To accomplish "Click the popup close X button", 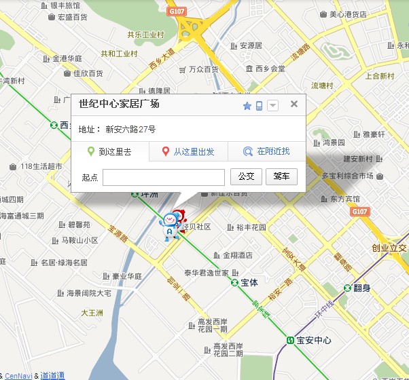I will (294, 104).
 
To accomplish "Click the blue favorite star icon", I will (247, 106).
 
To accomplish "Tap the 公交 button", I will (246, 176).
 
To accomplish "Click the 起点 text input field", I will (164, 177).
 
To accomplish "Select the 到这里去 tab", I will (110, 152).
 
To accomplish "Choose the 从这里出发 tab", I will (188, 152).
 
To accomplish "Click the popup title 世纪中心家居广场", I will (119, 104).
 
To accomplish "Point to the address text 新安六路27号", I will (130, 129).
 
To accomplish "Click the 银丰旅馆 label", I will (65, 5).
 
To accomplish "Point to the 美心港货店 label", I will (348, 14).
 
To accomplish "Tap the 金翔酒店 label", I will (237, 256).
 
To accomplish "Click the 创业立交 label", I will (389, 248).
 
